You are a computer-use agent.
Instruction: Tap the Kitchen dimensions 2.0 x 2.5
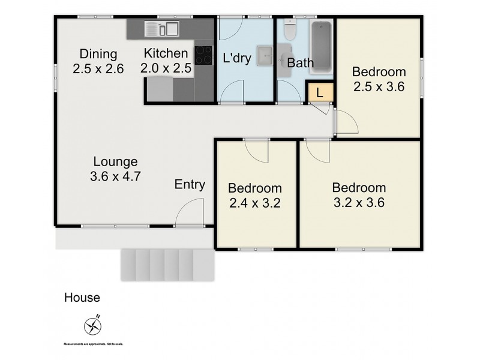[x=166, y=68]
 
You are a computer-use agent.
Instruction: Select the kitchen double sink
[x=161, y=28]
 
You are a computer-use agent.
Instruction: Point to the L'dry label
[x=236, y=59]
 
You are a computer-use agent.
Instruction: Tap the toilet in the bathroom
[x=290, y=30]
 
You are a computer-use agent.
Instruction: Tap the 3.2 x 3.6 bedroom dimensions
[x=358, y=202]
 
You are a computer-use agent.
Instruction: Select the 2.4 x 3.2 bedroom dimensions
[x=255, y=203]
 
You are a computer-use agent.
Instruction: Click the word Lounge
[x=116, y=161]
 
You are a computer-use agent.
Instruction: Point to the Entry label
[x=190, y=185]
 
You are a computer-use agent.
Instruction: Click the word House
[x=82, y=298]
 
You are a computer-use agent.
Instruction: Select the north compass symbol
[x=93, y=325]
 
